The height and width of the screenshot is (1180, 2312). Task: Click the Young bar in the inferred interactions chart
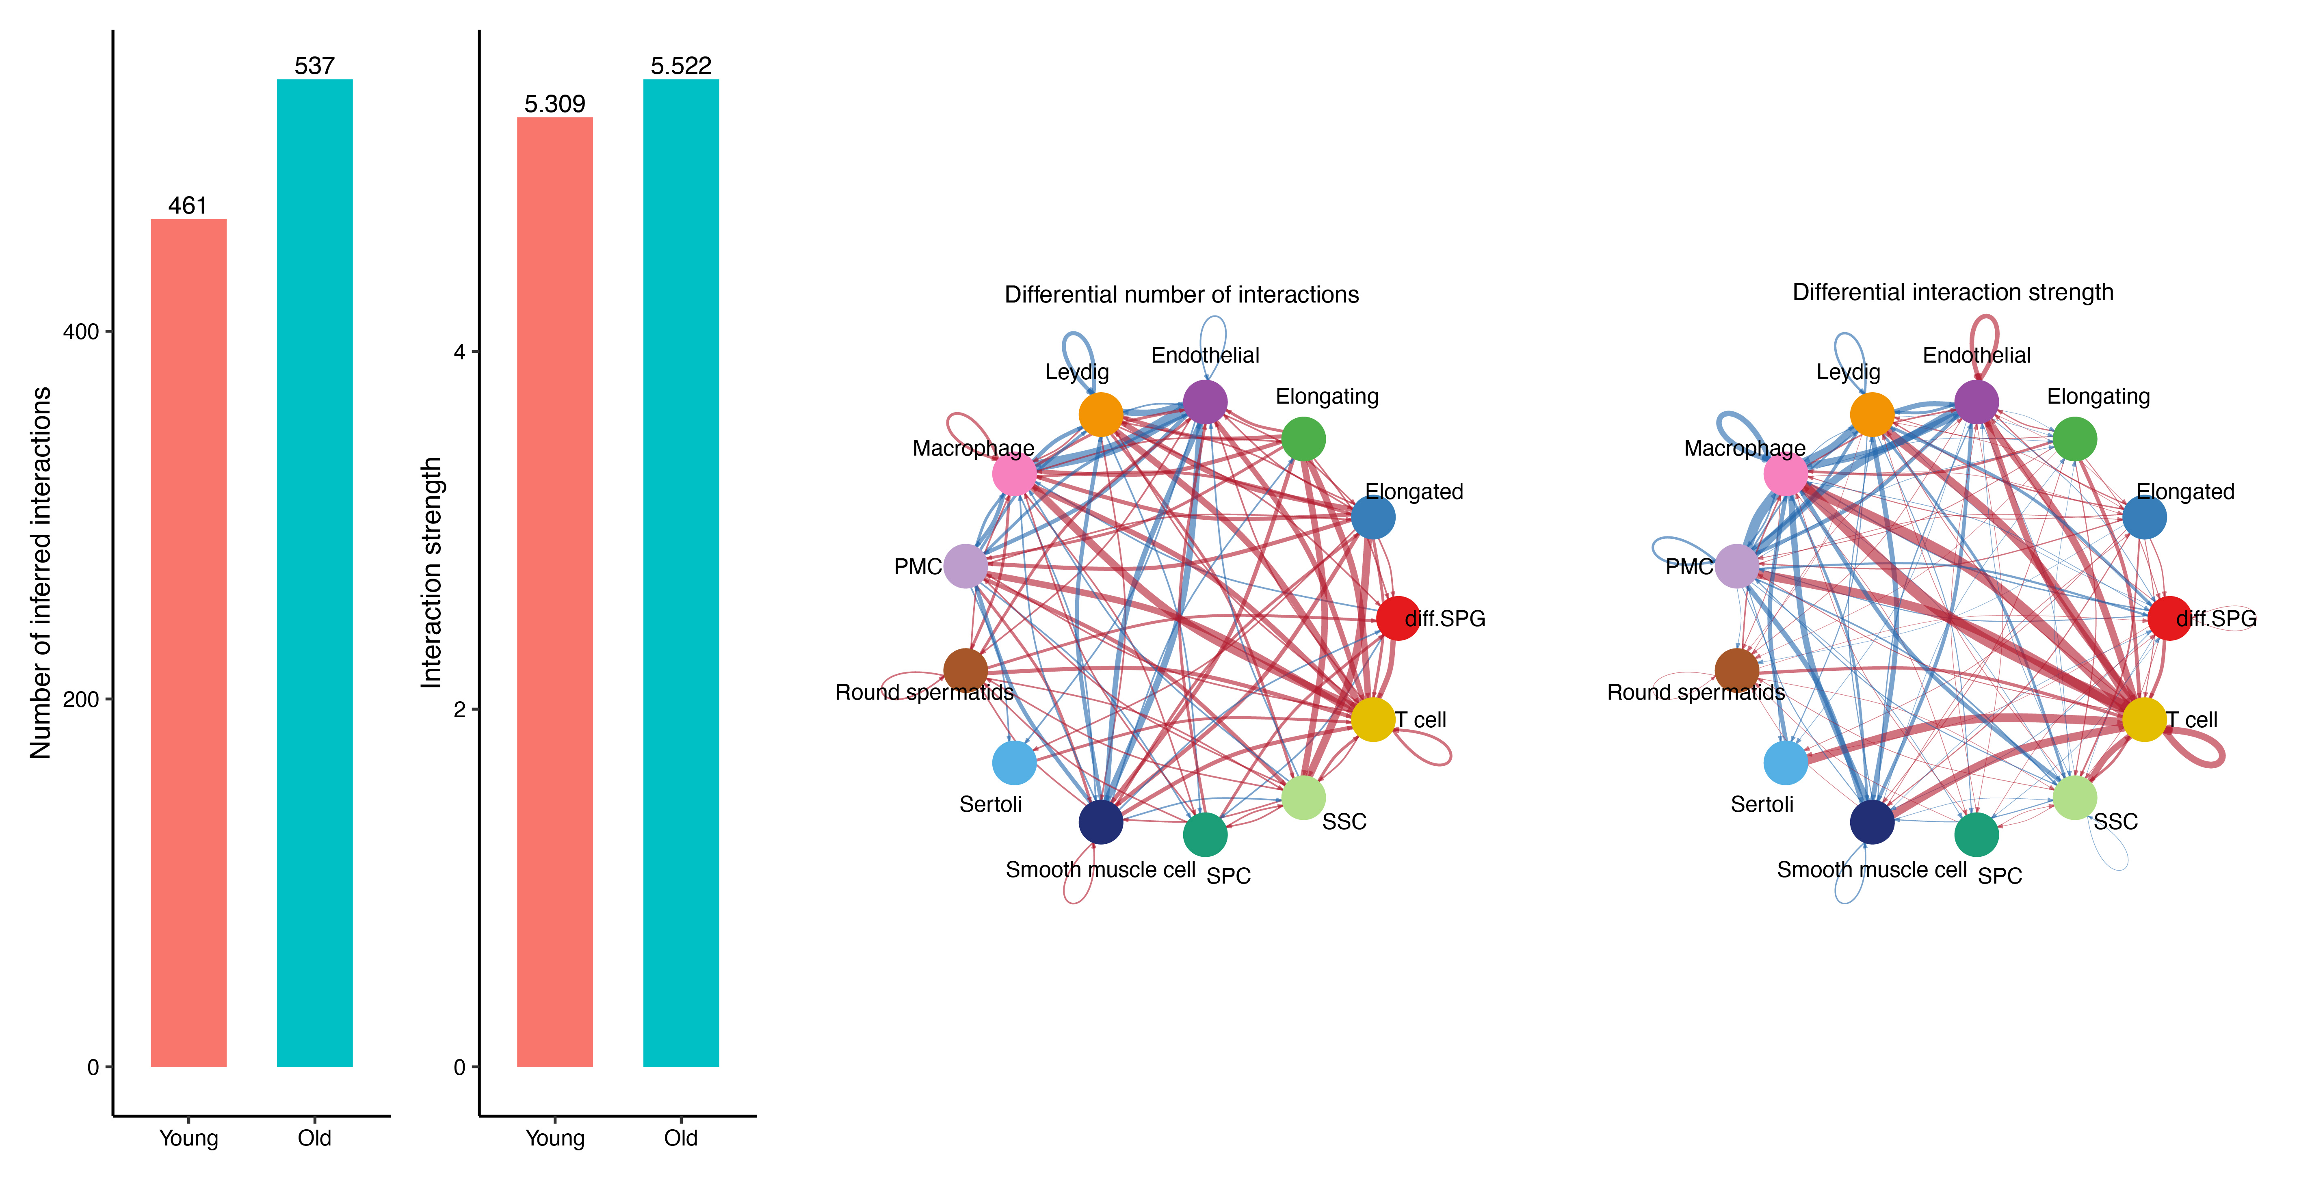click(x=188, y=642)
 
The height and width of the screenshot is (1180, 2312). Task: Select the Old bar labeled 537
click(x=315, y=573)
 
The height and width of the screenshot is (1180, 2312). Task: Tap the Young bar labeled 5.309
click(x=555, y=592)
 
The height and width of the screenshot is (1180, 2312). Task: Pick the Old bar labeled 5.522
click(x=681, y=573)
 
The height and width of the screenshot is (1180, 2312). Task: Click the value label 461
click(x=188, y=205)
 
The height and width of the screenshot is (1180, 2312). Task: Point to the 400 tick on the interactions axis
click(x=81, y=332)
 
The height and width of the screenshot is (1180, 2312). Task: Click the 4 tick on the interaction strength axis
click(x=459, y=352)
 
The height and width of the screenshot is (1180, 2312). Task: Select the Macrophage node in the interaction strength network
click(x=1786, y=475)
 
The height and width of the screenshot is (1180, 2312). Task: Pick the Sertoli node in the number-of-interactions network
click(x=1014, y=763)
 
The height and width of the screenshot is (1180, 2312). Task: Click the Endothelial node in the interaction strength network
click(x=1976, y=401)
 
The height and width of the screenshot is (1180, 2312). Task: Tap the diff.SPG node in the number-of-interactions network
click(x=1397, y=618)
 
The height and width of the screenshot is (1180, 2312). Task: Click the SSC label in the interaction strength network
click(x=2115, y=821)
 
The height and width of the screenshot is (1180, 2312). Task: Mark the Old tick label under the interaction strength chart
click(x=681, y=1138)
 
